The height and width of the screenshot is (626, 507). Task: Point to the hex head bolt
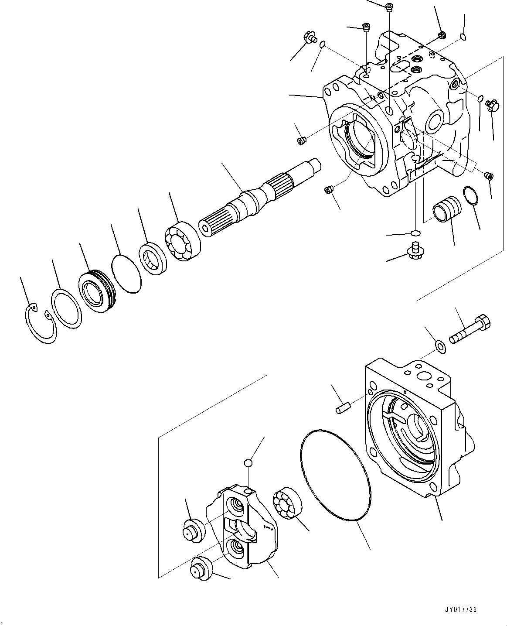pos(471,331)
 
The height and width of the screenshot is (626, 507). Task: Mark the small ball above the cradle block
pos(248,463)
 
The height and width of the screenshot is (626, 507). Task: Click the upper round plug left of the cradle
pos(193,531)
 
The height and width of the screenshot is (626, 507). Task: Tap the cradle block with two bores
pos(244,528)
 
